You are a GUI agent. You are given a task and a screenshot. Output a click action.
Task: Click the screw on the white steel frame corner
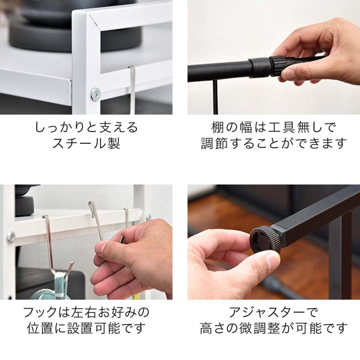tap(95, 94)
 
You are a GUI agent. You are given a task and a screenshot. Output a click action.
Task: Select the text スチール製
tap(86, 144)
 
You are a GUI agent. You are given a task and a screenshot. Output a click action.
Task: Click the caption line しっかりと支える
tap(86, 127)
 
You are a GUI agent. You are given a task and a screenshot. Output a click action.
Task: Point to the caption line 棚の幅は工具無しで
tap(274, 127)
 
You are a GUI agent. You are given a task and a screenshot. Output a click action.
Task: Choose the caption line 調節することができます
tap(274, 144)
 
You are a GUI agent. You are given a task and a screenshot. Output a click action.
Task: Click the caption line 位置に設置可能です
tap(86, 328)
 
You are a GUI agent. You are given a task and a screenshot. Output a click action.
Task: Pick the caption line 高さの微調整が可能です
tap(274, 328)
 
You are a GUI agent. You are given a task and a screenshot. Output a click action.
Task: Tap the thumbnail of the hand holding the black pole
tap(274, 57)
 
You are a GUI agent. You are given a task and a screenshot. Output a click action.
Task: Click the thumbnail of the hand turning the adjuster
tap(274, 242)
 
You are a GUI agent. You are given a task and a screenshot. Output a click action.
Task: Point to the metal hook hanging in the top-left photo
tap(132, 90)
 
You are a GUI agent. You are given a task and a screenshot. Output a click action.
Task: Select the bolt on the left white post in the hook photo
tap(11, 237)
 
